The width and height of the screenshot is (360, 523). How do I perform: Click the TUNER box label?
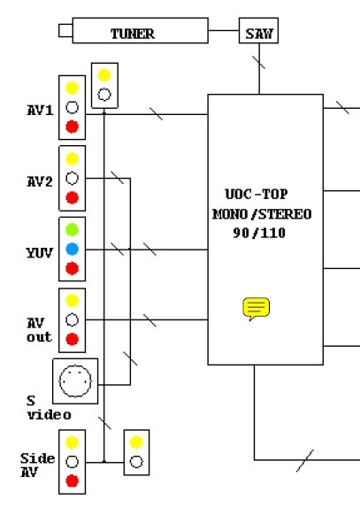[133, 34]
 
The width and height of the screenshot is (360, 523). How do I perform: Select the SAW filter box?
[258, 30]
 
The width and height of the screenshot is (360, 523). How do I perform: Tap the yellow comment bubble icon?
[256, 309]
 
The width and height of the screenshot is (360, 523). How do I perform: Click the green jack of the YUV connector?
[72, 230]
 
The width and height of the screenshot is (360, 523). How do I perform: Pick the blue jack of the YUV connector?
[72, 249]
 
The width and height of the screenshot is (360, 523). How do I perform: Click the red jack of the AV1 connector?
[72, 127]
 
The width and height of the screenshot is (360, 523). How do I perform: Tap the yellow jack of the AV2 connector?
[72, 158]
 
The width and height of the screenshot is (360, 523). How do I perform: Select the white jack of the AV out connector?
[72, 319]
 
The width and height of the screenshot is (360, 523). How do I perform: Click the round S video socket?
[75, 381]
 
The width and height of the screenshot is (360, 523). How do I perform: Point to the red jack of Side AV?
[72, 481]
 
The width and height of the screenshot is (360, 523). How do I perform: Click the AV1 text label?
[40, 110]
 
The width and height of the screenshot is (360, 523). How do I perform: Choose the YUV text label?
[39, 252]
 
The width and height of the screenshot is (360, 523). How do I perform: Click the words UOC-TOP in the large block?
[256, 194]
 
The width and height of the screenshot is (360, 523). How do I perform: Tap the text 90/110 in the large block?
[259, 233]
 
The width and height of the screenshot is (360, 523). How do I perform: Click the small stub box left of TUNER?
[65, 30]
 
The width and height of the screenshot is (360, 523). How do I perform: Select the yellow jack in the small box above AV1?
[104, 75]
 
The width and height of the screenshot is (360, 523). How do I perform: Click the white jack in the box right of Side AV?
[136, 462]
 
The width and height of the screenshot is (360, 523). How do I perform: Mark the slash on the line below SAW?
[258, 63]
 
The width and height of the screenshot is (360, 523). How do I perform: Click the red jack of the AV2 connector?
[72, 197]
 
